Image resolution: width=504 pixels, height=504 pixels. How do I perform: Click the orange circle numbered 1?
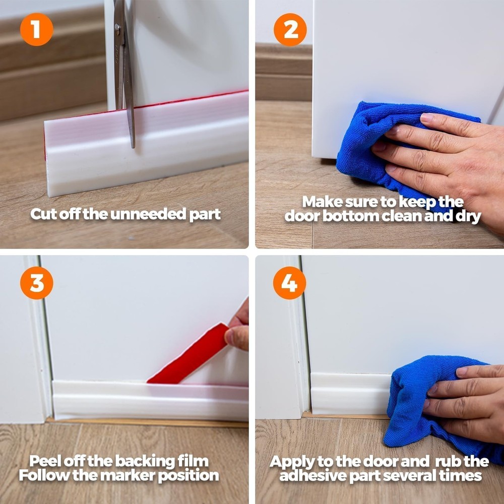coord(36,29)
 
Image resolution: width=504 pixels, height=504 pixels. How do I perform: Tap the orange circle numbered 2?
coord(290,29)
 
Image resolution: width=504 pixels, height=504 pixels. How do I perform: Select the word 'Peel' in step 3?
coord(45,461)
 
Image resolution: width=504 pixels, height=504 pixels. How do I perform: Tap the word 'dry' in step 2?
coord(467,216)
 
